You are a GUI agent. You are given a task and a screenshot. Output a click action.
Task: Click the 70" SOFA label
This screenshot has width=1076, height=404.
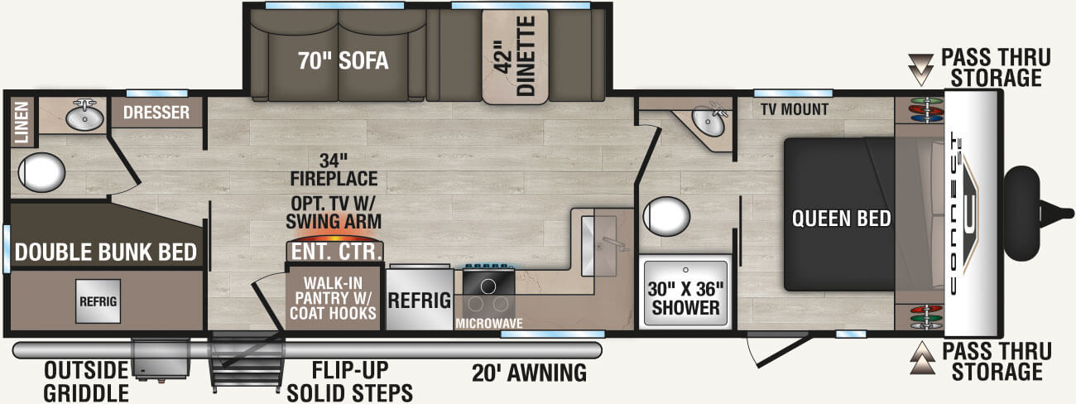tap(343, 61)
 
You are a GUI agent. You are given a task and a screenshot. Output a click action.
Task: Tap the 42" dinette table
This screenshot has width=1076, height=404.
tap(516, 58)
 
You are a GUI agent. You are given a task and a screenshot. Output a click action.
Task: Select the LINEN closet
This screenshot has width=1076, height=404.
tap(22, 122)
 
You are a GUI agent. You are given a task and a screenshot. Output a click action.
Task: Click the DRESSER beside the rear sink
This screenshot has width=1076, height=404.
tap(156, 113)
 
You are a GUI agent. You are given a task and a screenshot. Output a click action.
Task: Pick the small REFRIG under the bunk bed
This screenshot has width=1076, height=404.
tap(97, 300)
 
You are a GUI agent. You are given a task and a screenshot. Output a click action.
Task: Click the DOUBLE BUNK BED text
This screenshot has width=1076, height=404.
tap(104, 252)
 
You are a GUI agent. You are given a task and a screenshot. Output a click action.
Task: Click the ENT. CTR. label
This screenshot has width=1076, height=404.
tap(335, 251)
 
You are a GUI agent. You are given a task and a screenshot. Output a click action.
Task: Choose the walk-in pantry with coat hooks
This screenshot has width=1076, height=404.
tap(334, 298)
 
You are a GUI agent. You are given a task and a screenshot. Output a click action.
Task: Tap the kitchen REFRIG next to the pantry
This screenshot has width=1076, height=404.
tap(419, 300)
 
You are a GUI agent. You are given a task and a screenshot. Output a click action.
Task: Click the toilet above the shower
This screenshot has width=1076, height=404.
tap(666, 216)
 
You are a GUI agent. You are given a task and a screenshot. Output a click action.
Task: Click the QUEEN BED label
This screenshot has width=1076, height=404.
tap(841, 219)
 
